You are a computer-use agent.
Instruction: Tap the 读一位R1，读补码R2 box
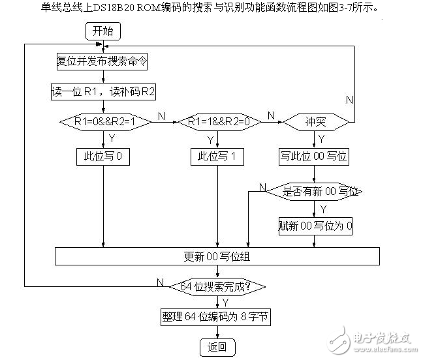click(x=104, y=91)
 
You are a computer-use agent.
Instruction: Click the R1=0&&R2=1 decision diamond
click(x=104, y=121)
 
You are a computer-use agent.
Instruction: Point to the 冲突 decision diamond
click(x=315, y=121)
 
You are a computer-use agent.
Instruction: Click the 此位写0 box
click(x=104, y=157)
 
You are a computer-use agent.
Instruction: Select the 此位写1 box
click(x=217, y=157)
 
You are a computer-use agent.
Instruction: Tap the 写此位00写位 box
click(x=315, y=157)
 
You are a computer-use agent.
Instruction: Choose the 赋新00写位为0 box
click(x=315, y=227)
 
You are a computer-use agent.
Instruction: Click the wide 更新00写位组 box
click(x=218, y=256)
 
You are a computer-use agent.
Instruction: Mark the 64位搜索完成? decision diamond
click(x=217, y=286)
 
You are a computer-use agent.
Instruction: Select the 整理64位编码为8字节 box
click(x=217, y=317)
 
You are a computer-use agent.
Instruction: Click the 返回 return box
click(x=217, y=346)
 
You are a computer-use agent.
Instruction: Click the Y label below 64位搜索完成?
click(x=225, y=302)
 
